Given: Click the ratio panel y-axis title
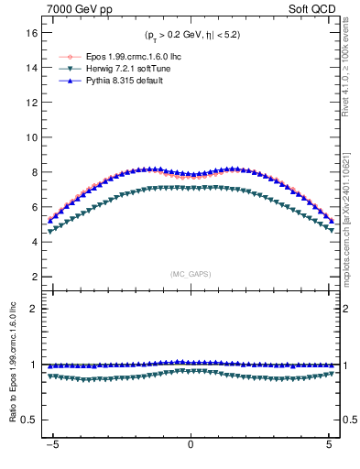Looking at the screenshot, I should [13, 364].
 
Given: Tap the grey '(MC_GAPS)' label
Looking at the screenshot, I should [191, 274].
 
